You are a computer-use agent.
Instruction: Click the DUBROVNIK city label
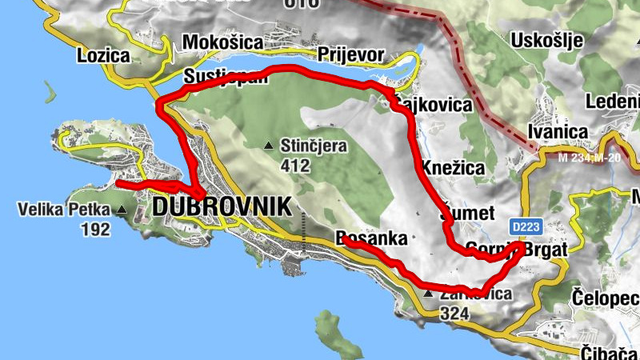tap(221, 206)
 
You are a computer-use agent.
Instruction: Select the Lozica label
tap(104, 56)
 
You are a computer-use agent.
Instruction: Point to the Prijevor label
tap(351, 54)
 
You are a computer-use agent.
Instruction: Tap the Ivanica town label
tap(558, 131)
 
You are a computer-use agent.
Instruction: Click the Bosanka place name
tap(372, 238)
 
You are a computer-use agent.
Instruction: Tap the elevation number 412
tap(295, 166)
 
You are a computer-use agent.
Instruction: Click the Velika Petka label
tap(61, 210)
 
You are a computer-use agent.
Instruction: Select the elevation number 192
tap(94, 230)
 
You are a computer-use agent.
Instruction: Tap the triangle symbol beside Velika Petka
tap(122, 210)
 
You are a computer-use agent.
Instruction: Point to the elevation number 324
tap(454, 314)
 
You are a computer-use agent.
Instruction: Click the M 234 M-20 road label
tap(590, 158)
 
